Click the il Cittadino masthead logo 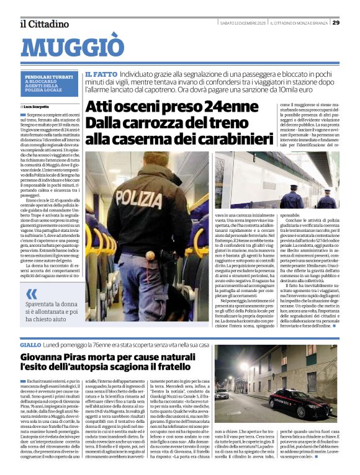[44, 24]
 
